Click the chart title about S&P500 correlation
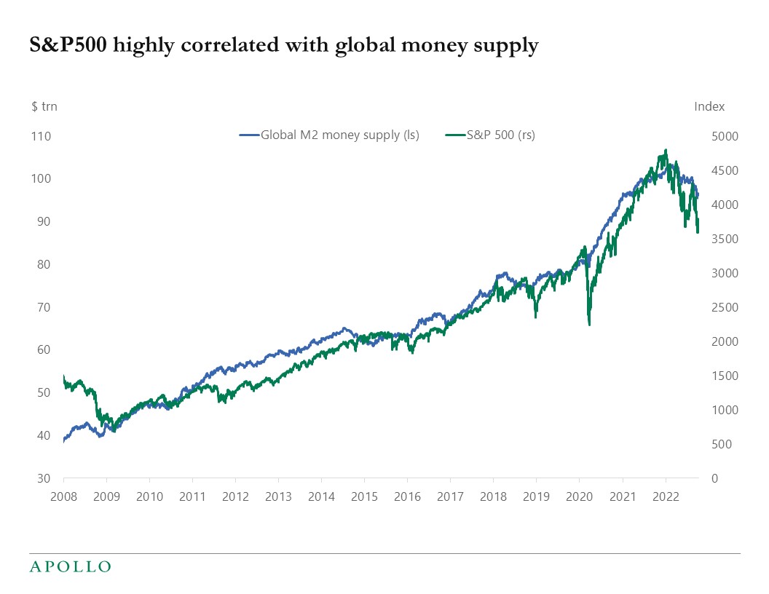[284, 46]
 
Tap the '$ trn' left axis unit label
[44, 106]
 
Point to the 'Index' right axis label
[709, 106]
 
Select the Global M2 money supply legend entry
[329, 135]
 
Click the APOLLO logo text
[70, 566]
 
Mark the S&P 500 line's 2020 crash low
[589, 325]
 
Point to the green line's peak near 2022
[665, 151]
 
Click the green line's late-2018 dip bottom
[536, 317]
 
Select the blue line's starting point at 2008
[64, 441]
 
